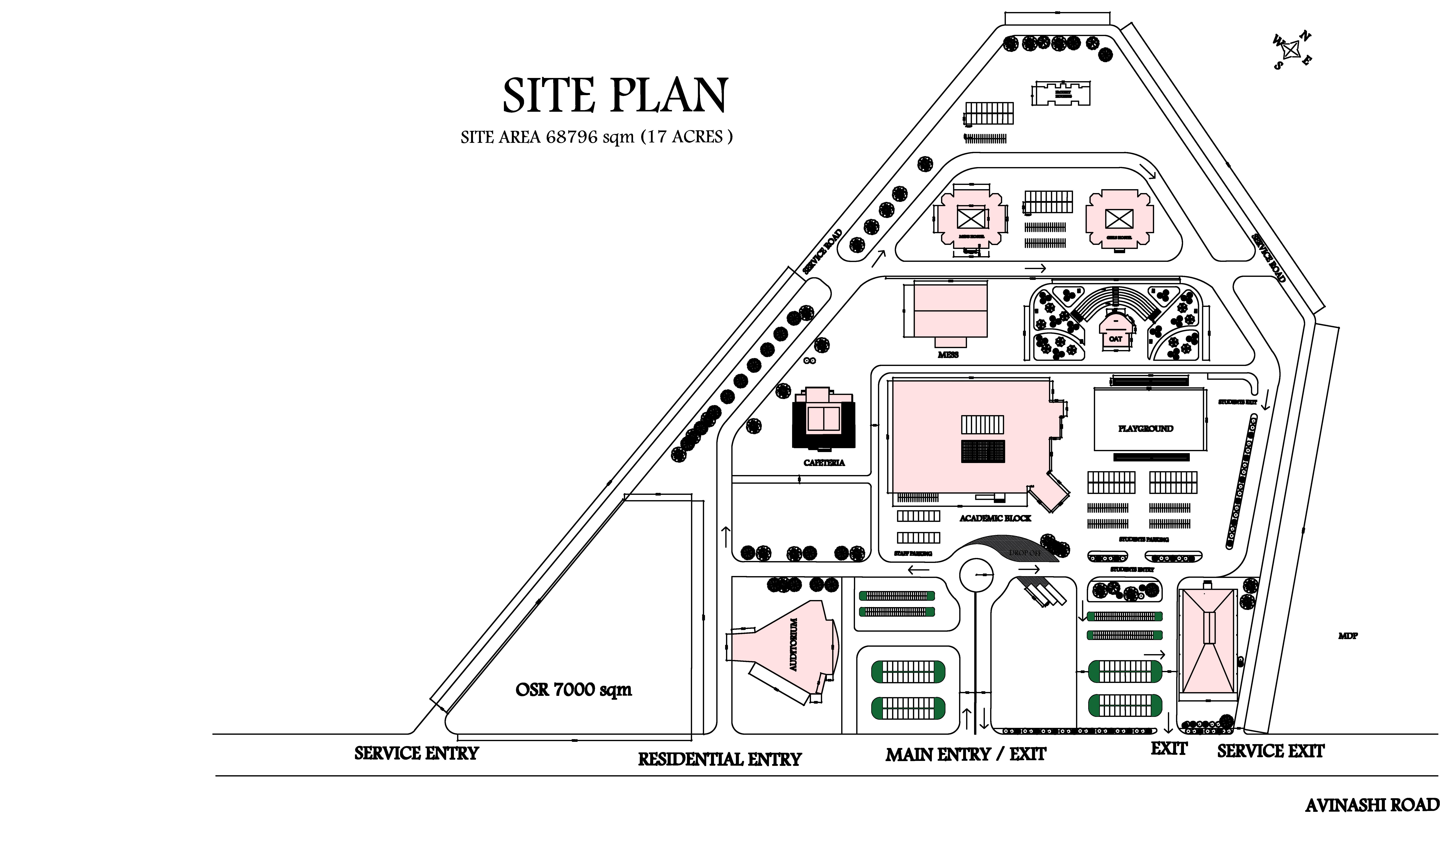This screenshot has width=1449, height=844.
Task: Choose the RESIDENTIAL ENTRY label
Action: click(x=719, y=759)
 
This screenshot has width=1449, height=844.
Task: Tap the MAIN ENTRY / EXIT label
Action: click(x=965, y=754)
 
